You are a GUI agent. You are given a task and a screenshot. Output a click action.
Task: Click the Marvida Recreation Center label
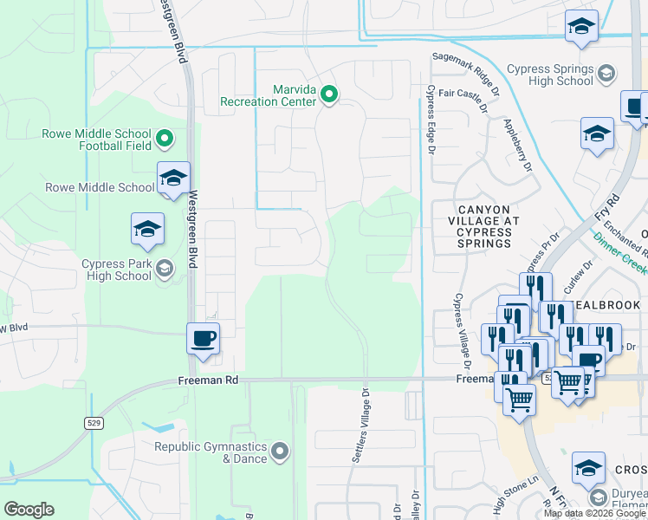tap(269, 95)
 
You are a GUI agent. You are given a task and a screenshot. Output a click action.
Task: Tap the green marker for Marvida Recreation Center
tap(329, 94)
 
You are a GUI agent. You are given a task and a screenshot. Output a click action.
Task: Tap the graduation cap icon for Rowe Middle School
tap(173, 179)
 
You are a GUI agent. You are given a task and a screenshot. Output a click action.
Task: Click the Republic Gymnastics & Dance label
tap(211, 452)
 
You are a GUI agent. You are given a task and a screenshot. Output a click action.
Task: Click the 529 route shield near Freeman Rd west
tap(95, 422)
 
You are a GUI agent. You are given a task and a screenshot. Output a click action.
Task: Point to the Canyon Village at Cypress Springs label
tap(488, 226)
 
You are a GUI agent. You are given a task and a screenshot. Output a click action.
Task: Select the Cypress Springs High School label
tap(550, 75)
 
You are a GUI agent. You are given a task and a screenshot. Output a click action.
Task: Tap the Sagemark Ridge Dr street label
tap(466, 59)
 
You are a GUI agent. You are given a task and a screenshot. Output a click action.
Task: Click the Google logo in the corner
tap(29, 510)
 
